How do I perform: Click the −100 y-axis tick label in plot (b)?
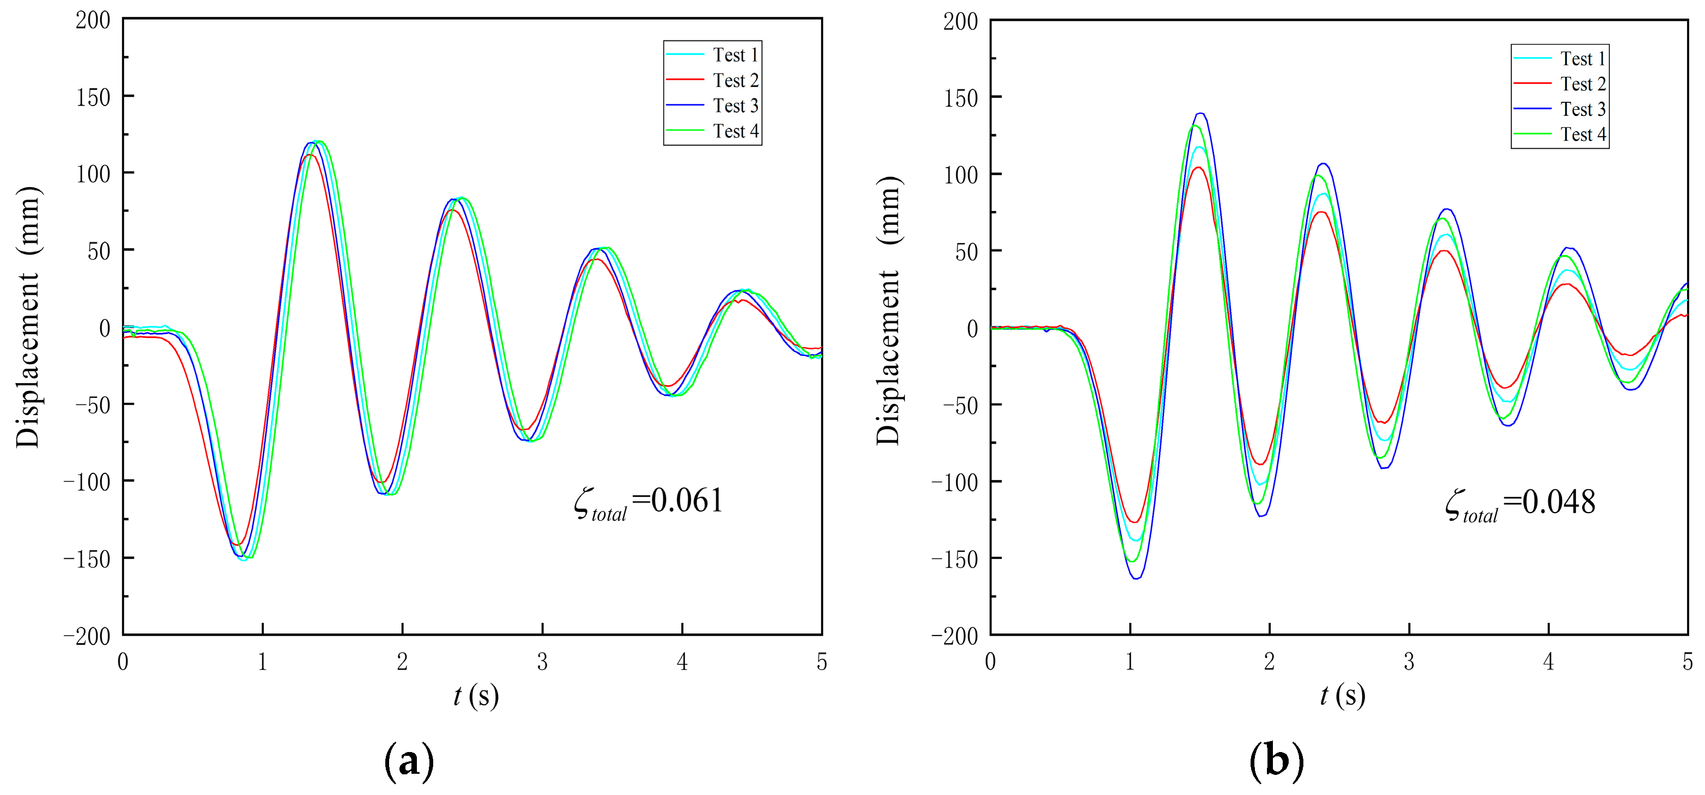coord(954,483)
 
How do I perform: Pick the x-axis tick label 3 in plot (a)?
coord(542,661)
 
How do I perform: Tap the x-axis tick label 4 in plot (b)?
coord(1548,661)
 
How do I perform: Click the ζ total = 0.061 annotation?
coord(649,502)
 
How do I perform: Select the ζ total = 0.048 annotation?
coord(1521,504)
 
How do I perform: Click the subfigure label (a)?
coord(409,761)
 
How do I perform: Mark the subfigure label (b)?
coord(1276,761)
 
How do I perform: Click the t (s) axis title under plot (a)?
coord(475,696)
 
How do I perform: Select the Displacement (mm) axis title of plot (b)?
coord(888,311)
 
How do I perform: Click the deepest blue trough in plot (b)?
coord(1136,578)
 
